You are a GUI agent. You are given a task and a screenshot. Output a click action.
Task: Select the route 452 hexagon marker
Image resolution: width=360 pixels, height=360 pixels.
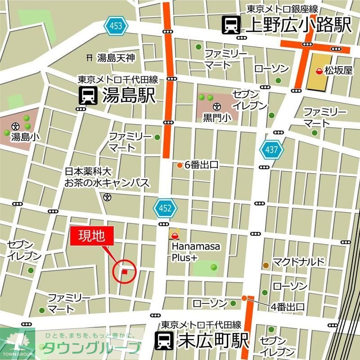165,208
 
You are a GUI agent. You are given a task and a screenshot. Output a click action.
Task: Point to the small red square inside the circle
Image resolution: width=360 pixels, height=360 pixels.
125,271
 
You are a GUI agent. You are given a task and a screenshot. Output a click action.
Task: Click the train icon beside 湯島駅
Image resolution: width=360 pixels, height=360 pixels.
88,96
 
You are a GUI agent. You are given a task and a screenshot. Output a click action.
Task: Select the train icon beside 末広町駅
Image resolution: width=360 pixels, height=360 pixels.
164,341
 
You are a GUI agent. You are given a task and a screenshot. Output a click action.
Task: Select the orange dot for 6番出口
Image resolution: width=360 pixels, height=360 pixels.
179,165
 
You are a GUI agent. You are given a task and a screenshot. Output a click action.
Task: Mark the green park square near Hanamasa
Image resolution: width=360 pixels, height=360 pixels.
206,268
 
